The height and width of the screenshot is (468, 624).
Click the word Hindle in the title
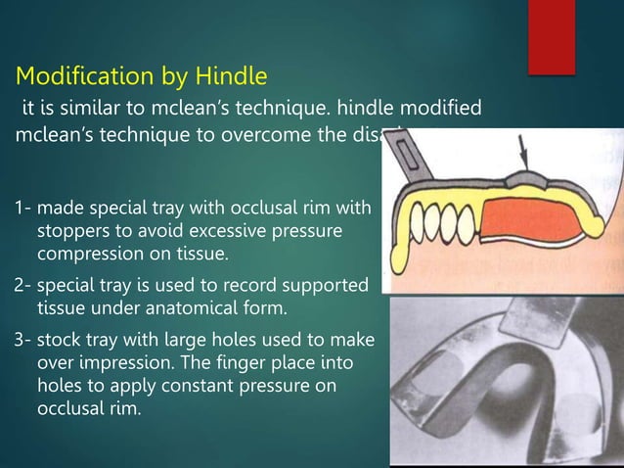[x=224, y=75]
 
